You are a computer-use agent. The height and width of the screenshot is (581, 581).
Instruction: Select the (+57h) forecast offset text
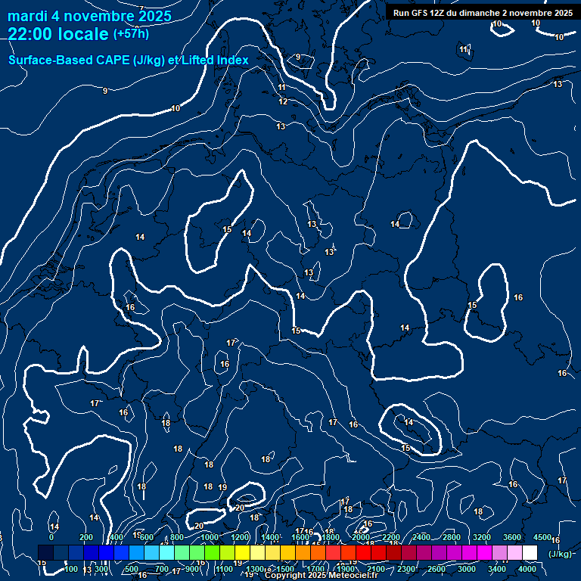(x=131, y=34)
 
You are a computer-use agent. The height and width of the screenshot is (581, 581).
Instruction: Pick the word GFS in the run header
(x=421, y=13)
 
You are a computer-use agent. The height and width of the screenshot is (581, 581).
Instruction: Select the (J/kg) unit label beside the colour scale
(x=560, y=554)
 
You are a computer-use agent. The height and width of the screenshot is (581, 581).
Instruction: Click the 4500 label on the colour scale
(x=542, y=537)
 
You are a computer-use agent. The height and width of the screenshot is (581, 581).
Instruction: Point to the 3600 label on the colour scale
(x=512, y=537)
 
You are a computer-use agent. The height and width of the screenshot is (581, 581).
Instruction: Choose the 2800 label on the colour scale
(x=452, y=537)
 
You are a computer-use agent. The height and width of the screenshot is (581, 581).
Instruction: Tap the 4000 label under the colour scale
(x=527, y=569)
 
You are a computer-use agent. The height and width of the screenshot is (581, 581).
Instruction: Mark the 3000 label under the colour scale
(x=467, y=569)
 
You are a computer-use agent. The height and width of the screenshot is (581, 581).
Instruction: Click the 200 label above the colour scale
(x=86, y=537)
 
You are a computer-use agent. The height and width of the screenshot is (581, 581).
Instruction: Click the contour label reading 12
(x=283, y=101)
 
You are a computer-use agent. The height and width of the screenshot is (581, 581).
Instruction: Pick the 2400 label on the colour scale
(x=421, y=537)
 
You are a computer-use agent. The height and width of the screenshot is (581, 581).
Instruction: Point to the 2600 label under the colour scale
(x=437, y=569)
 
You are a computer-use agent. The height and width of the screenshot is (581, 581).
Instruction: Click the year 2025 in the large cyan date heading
(x=151, y=16)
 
